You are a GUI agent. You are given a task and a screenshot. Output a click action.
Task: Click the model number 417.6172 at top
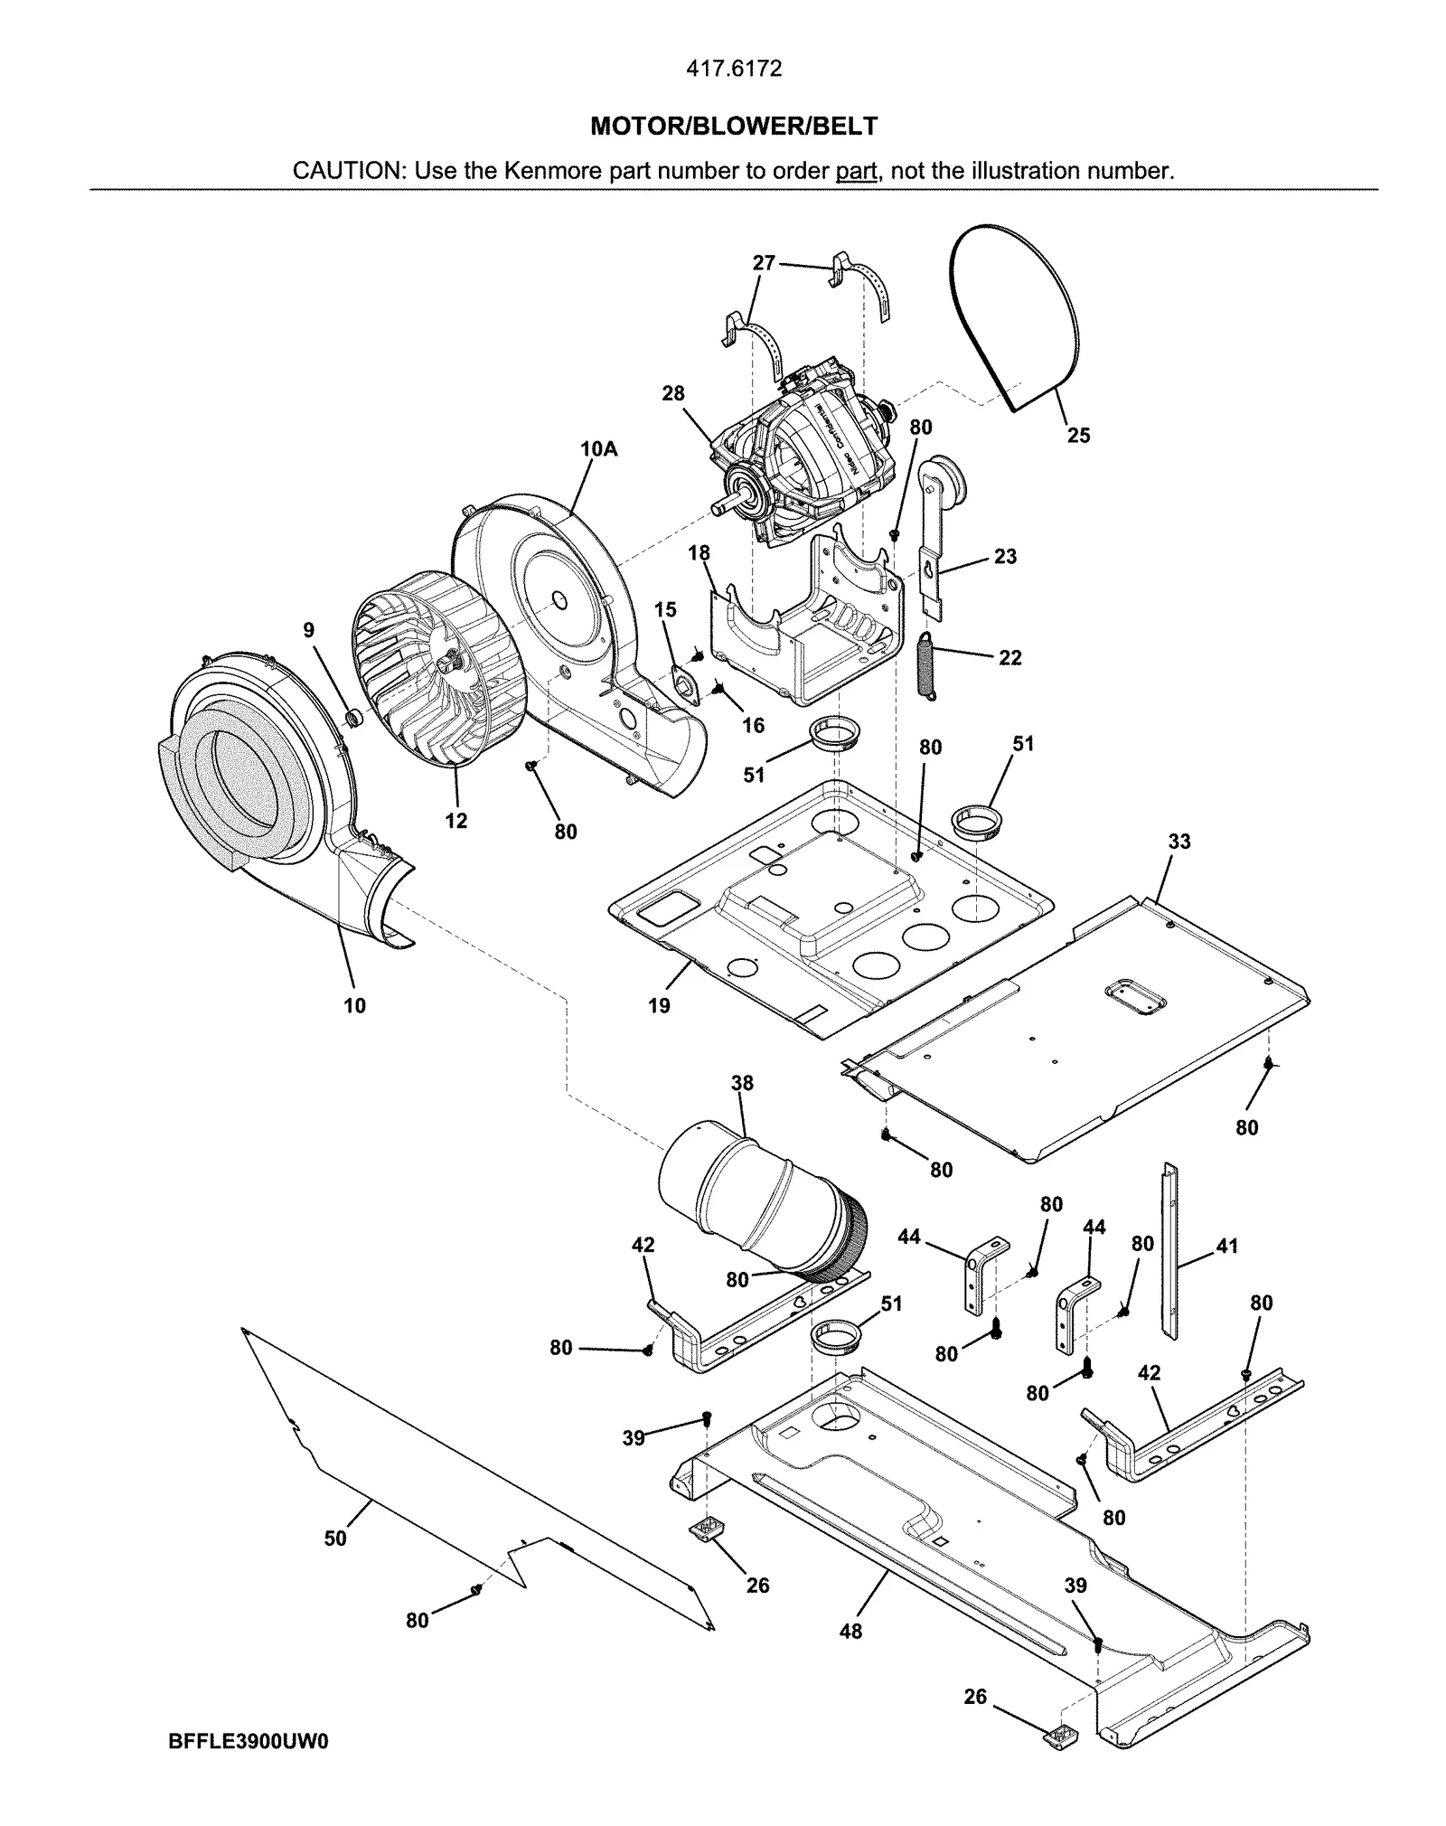click(733, 69)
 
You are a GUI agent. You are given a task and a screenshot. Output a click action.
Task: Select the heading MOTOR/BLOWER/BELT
click(733, 126)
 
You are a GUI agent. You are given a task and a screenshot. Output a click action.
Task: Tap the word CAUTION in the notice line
click(348, 171)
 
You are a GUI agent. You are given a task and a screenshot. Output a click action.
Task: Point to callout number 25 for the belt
click(1079, 436)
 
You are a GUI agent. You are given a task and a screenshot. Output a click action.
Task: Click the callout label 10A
click(599, 448)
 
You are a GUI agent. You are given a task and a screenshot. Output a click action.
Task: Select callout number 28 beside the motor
click(673, 393)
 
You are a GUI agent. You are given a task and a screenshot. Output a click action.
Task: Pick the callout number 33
click(1179, 842)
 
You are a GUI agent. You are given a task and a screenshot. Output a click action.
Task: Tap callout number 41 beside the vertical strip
click(1226, 1247)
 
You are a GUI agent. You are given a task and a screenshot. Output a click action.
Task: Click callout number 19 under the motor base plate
click(660, 1005)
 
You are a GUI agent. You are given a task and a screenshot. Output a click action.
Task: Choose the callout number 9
click(309, 630)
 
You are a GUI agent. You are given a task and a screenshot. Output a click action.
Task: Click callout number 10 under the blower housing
click(354, 1005)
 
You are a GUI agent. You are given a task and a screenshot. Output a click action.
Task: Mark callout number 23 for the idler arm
click(1005, 557)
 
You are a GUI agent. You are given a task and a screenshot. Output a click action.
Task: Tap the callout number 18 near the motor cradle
click(699, 553)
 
